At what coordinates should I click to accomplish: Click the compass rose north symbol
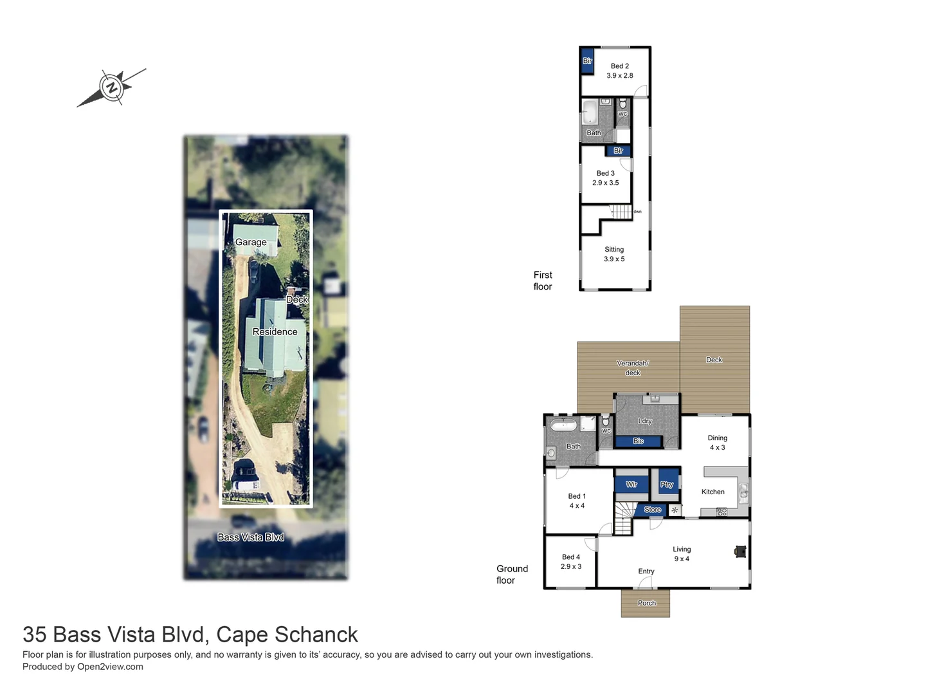point(112,88)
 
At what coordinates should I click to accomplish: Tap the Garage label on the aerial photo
point(251,242)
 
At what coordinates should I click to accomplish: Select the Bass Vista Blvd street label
point(250,537)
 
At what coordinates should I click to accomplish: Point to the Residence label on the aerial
point(275,331)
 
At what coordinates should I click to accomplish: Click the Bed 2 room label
point(619,71)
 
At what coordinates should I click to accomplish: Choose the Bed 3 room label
point(605,178)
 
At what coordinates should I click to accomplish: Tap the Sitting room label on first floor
point(613,254)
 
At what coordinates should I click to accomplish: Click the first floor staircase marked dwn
point(621,212)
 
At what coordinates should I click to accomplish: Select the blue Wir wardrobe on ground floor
point(631,484)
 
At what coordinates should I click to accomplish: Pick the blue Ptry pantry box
point(666,484)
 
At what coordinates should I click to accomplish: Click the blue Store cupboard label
point(652,510)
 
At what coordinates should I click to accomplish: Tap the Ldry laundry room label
point(644,421)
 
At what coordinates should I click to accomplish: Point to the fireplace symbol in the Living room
point(740,551)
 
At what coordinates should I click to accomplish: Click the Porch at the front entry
point(646,603)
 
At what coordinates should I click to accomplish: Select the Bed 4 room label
point(570,562)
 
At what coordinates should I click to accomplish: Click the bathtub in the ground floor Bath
point(564,425)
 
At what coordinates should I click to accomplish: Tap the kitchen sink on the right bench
point(743,493)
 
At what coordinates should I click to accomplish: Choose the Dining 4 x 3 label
point(717,443)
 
